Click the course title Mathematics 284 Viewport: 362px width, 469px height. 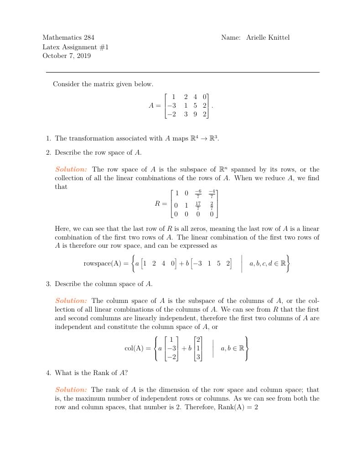pos(68,37)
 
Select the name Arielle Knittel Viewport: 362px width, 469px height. pos(268,37)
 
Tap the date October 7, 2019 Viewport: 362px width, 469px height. pos(67,56)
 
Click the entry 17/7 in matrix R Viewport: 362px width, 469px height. pos(198,204)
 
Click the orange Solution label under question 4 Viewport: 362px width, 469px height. pos(71,390)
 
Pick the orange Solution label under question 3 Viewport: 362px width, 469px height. pos(71,301)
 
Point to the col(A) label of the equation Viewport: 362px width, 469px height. pos(134,349)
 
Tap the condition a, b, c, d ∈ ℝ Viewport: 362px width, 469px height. pos(267,263)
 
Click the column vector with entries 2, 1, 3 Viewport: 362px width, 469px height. pos(198,349)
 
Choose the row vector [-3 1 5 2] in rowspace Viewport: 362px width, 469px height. pos(211,263)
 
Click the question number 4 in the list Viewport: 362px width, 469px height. pos(48,373)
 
